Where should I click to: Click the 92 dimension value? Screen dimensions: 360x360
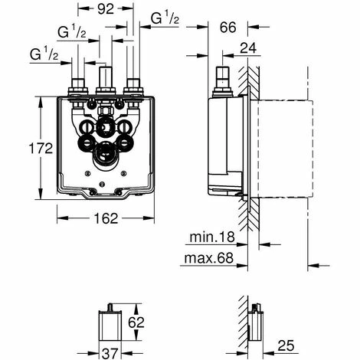pyautogui.click(x=106, y=9)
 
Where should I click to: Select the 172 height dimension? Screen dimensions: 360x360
pyautogui.click(x=41, y=148)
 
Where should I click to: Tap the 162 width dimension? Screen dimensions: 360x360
pyautogui.click(x=106, y=218)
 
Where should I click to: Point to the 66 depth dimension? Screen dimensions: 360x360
pyautogui.click(x=227, y=28)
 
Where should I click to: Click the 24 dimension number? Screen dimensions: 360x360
pyautogui.click(x=248, y=47)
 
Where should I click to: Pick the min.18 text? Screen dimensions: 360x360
pyautogui.click(x=212, y=237)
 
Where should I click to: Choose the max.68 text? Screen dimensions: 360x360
pyautogui.click(x=209, y=258)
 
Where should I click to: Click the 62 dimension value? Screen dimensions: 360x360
pyautogui.click(x=136, y=322)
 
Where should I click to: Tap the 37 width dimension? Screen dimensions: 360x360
pyautogui.click(x=110, y=353)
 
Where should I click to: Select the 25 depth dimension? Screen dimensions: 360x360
pyautogui.click(x=286, y=345)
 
